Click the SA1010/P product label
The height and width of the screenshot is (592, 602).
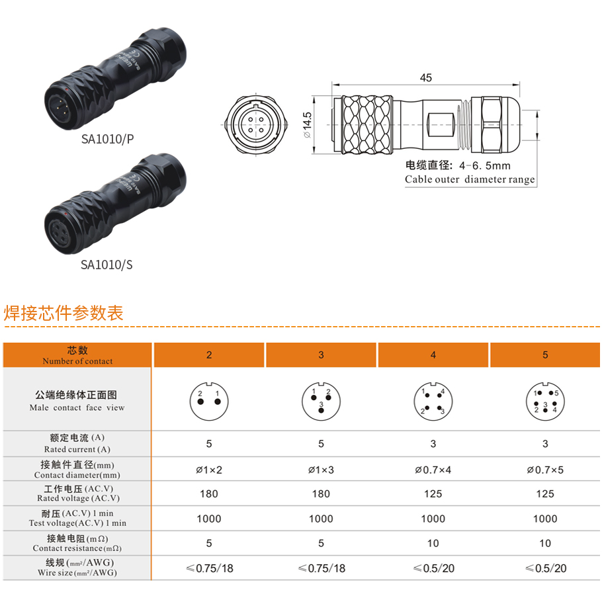[107, 139]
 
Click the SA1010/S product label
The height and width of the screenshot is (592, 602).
[107, 265]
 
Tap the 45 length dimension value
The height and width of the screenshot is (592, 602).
[426, 78]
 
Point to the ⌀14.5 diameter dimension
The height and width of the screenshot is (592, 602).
[307, 124]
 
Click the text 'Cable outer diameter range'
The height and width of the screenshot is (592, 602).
[470, 179]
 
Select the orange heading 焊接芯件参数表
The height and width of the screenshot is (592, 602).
[64, 313]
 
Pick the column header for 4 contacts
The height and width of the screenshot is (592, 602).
[433, 355]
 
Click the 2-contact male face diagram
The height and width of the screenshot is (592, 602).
[209, 402]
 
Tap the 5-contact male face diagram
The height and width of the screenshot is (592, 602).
[545, 402]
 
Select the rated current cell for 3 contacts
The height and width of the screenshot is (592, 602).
[321, 444]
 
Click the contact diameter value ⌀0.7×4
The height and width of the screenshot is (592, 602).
[433, 470]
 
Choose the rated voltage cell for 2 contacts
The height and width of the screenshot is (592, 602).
[209, 493]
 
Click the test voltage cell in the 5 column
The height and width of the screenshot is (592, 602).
[545, 519]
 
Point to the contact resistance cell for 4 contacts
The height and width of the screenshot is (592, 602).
[433, 543]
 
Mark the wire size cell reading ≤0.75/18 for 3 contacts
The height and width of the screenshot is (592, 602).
[322, 568]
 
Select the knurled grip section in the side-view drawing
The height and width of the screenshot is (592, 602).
[367, 125]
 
